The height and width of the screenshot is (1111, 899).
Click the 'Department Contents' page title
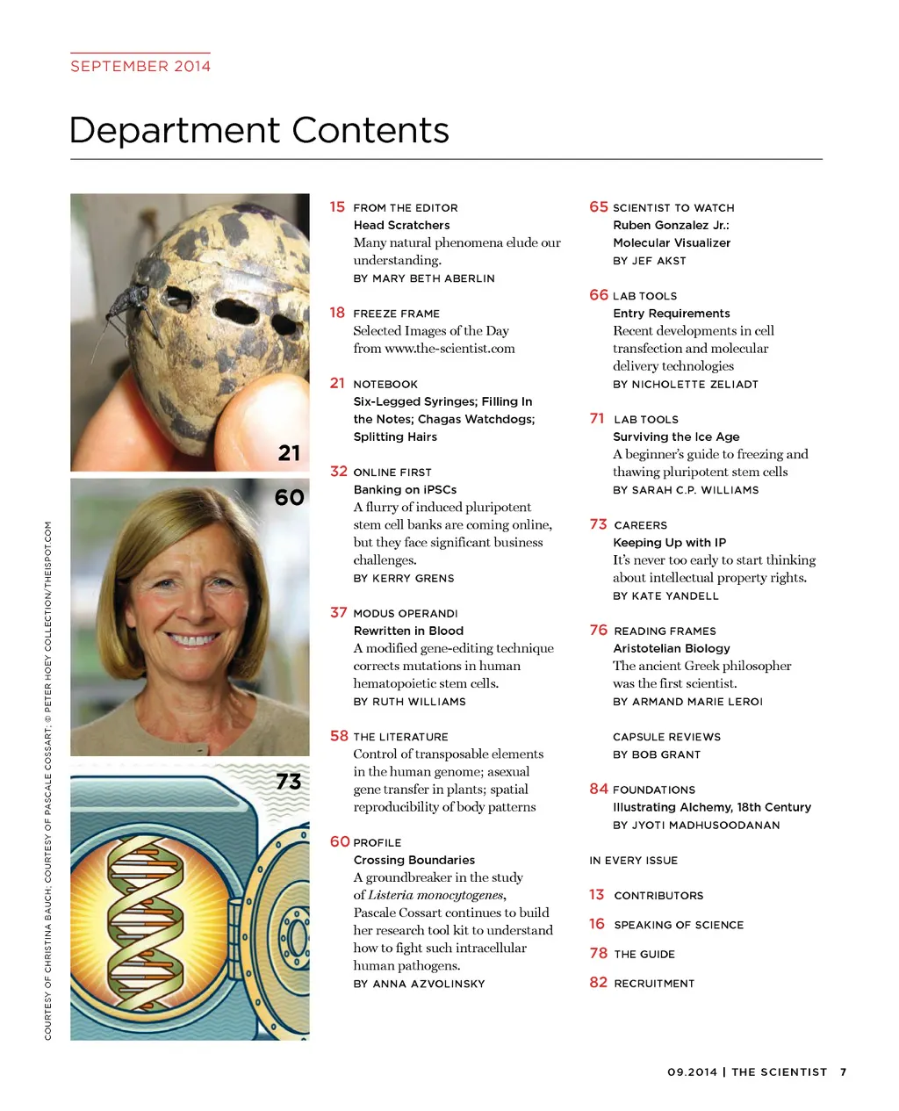tap(259, 131)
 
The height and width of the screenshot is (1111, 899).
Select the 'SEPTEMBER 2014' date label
tap(140, 66)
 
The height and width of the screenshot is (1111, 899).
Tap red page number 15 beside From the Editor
tap(337, 207)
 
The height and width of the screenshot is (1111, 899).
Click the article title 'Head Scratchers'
tap(401, 226)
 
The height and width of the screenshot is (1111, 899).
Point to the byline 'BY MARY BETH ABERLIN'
tap(424, 278)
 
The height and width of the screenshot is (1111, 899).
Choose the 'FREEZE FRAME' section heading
tap(396, 314)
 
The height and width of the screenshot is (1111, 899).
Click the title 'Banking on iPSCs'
tap(405, 490)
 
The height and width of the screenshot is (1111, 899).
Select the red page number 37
tap(338, 612)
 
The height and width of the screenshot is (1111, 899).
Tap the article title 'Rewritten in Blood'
tap(408, 631)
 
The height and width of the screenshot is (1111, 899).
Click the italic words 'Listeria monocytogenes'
tap(436, 895)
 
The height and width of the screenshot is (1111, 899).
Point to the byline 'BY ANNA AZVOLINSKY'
tap(419, 984)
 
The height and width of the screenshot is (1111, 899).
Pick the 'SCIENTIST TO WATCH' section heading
tap(673, 208)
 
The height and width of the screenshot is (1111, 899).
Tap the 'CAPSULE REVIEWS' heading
tap(666, 737)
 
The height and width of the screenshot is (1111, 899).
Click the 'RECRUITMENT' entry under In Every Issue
tap(654, 984)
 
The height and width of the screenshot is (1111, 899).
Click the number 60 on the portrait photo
tap(289, 498)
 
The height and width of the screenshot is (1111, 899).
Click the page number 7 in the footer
tap(843, 1072)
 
